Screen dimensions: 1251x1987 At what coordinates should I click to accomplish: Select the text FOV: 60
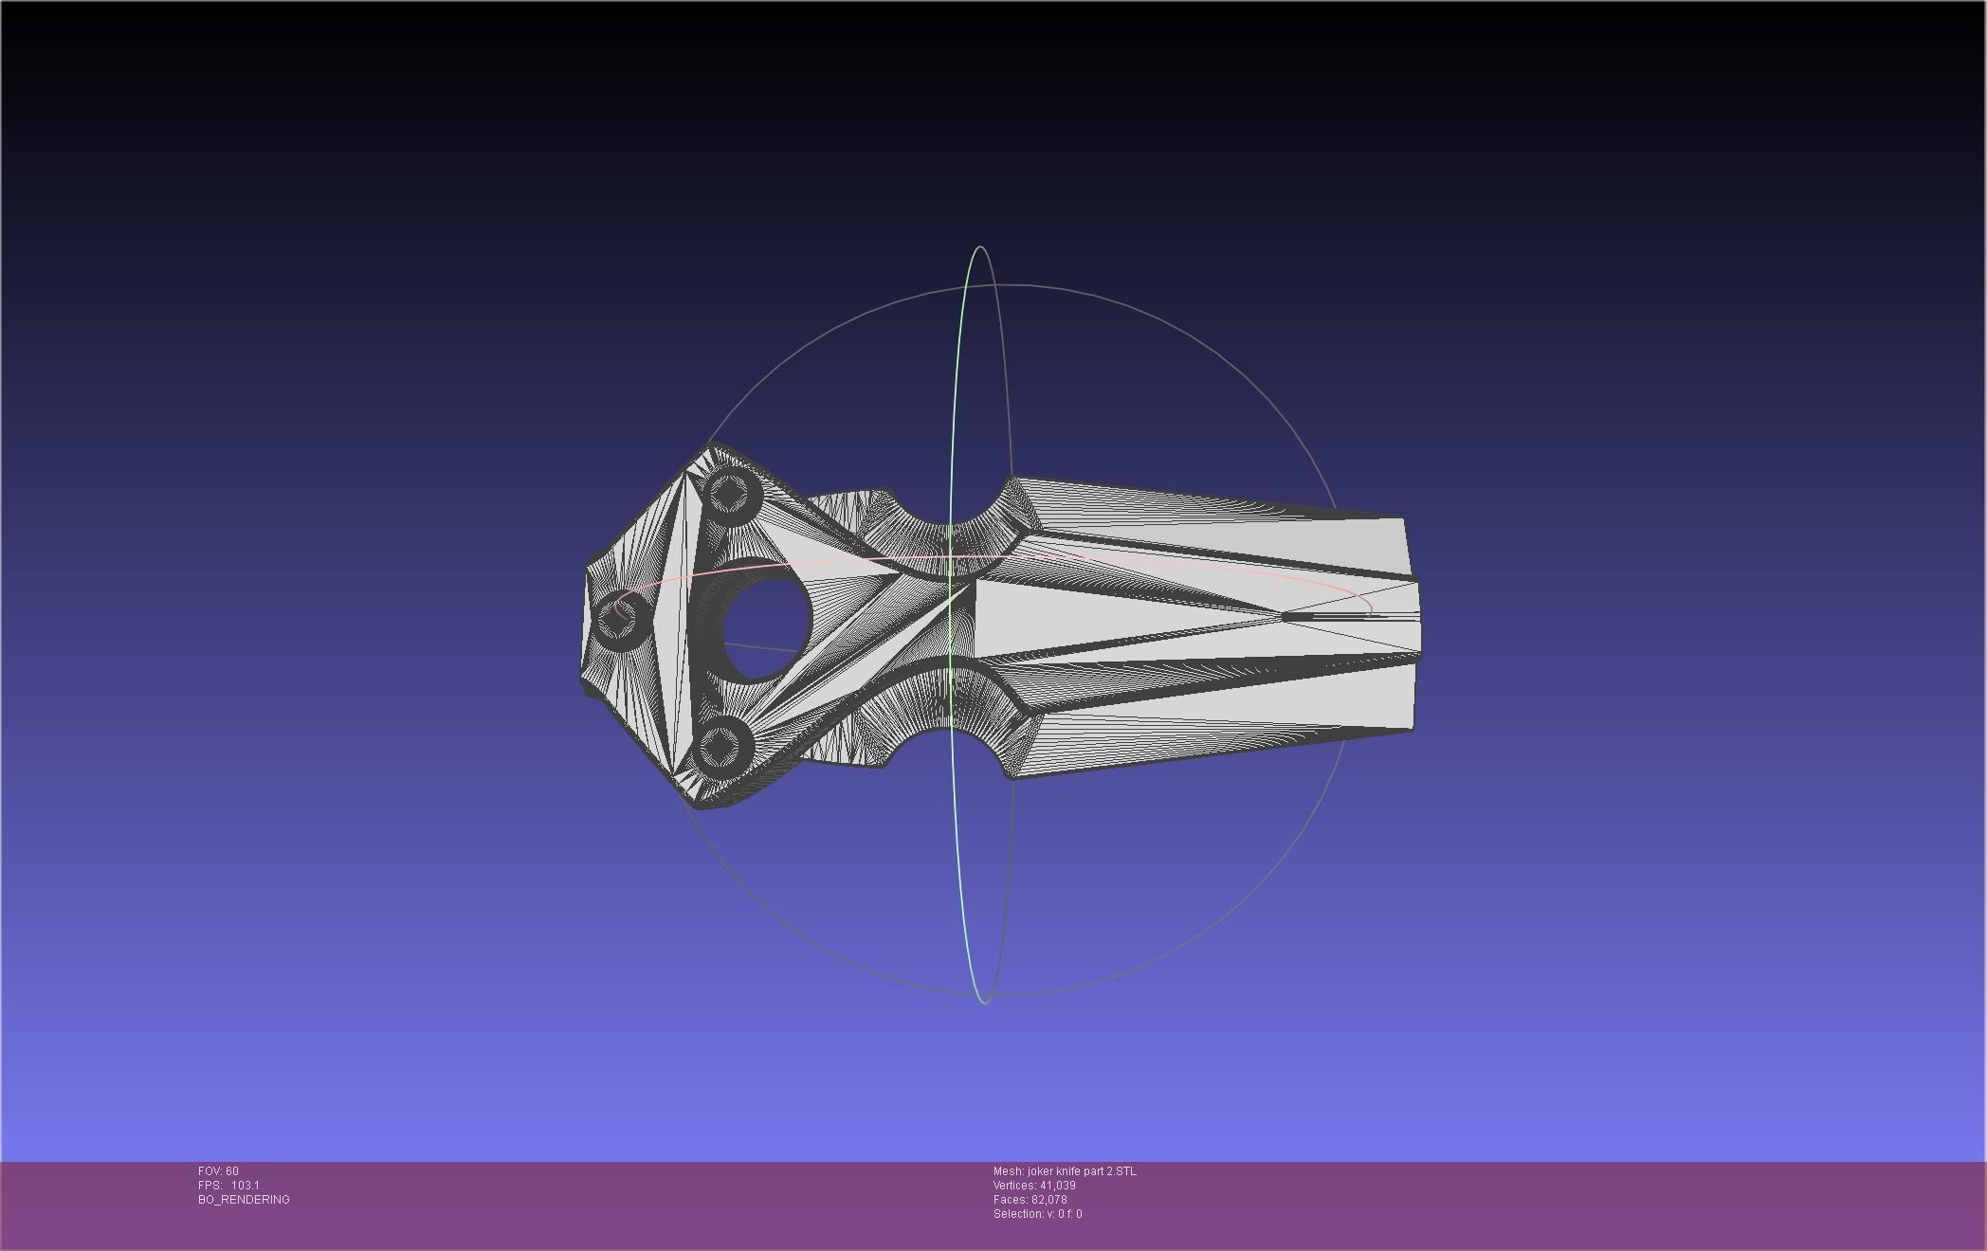[219, 1171]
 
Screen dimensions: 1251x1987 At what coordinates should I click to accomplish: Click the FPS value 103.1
[246, 1186]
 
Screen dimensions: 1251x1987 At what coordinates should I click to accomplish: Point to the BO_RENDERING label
[244, 1200]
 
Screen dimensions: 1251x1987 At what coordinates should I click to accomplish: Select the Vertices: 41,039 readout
[1034, 1186]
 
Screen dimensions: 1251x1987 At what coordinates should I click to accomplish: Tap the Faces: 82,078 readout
[1030, 1200]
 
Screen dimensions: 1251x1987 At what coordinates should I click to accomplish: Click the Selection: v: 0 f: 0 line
[1037, 1214]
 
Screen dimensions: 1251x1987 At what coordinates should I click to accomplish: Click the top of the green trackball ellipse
[979, 247]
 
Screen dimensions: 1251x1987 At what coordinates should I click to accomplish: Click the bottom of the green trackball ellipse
[983, 1002]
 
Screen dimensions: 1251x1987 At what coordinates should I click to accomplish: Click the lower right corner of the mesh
[1412, 730]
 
